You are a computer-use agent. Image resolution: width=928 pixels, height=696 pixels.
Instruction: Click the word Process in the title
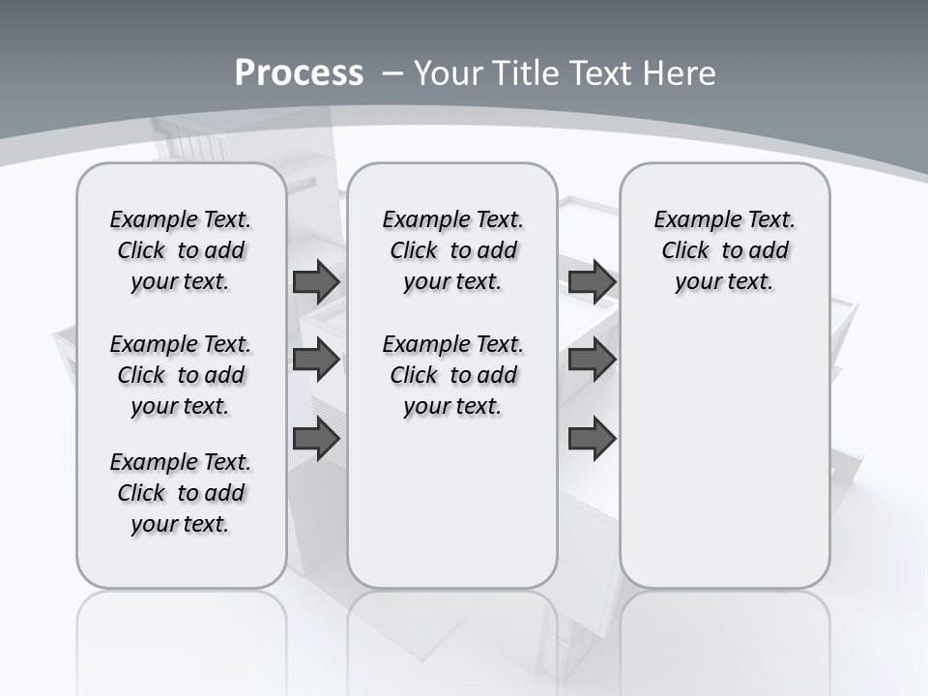pos(299,73)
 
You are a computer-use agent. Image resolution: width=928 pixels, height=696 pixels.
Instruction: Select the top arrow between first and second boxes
pos(316,282)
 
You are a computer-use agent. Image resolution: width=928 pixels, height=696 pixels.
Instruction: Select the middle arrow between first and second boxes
pos(316,360)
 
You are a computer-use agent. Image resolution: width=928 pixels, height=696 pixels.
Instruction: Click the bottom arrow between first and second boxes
pos(316,440)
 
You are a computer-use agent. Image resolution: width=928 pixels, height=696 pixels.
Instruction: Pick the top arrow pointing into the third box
pos(593,282)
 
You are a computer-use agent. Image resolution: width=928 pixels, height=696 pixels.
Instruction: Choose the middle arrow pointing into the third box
pos(593,360)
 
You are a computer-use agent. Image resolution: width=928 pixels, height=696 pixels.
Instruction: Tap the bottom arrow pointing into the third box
pos(593,440)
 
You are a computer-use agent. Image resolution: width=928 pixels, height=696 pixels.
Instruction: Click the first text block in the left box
pos(181,250)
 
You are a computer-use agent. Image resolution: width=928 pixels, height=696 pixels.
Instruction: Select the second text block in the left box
pos(181,375)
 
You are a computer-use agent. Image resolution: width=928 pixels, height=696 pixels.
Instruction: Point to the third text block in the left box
pos(181,493)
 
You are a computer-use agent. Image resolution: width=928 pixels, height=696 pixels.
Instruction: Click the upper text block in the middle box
pos(452,250)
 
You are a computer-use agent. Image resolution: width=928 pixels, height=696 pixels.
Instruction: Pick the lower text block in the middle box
pos(452,375)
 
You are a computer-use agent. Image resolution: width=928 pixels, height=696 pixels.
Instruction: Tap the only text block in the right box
pos(724,250)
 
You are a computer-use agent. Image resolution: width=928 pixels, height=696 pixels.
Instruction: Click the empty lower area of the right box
pos(724,464)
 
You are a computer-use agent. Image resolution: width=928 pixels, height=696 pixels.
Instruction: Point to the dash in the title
pos(392,73)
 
